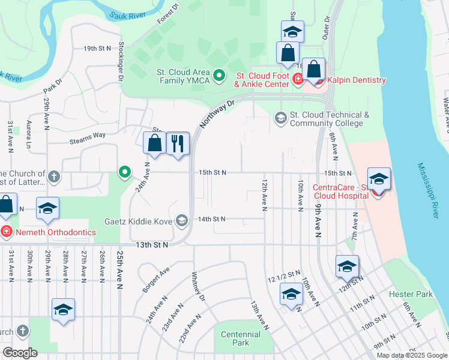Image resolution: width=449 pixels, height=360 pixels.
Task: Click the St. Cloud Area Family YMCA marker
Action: pyautogui.click(x=219, y=76)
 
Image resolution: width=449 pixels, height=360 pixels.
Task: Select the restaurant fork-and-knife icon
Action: pyautogui.click(x=178, y=143)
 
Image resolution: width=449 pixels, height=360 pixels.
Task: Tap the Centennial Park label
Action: pyautogui.click(x=240, y=338)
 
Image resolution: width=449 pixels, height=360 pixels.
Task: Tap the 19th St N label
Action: pyautogui.click(x=98, y=48)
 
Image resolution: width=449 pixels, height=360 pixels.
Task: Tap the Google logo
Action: pyautogui.click(x=20, y=353)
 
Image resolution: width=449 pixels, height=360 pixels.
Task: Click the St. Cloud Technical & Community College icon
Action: pyautogui.click(x=280, y=117)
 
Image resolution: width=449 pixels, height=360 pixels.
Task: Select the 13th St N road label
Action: pyautogui.click(x=151, y=245)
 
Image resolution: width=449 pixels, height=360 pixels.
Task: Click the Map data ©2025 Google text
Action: pyautogui.click(x=412, y=355)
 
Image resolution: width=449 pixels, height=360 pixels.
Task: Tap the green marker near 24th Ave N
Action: pyautogui.click(x=125, y=173)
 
